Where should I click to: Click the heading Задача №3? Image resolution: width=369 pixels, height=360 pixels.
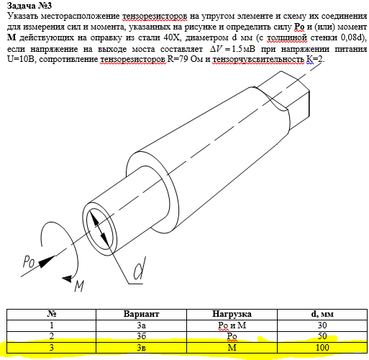pos(29,5)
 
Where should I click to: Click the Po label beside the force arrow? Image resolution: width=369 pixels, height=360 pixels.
pos(29,261)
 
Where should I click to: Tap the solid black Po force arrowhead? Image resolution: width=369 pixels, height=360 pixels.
pos(46,261)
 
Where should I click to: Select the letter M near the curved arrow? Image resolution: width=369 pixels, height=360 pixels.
pos(80,286)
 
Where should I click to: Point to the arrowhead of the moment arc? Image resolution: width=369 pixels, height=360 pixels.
pos(67,279)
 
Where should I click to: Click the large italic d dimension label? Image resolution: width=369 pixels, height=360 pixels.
pos(140,269)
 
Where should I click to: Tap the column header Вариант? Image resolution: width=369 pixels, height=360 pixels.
pos(141,314)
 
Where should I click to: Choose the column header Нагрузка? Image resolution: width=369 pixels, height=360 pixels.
pos(232,314)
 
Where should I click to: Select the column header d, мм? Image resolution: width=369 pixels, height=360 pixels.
pos(322,314)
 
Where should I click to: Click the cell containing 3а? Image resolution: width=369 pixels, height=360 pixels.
pos(141,325)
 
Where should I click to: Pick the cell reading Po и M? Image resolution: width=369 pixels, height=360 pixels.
pos(232,325)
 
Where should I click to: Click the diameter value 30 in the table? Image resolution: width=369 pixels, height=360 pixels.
pos(322,325)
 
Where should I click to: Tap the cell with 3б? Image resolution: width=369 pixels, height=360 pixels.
pos(141,336)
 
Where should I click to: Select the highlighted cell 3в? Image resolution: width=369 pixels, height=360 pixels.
pos(141,348)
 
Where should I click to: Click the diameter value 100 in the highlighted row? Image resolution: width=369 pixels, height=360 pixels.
pos(322,348)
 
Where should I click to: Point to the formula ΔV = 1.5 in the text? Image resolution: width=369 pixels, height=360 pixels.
pos(226,49)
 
